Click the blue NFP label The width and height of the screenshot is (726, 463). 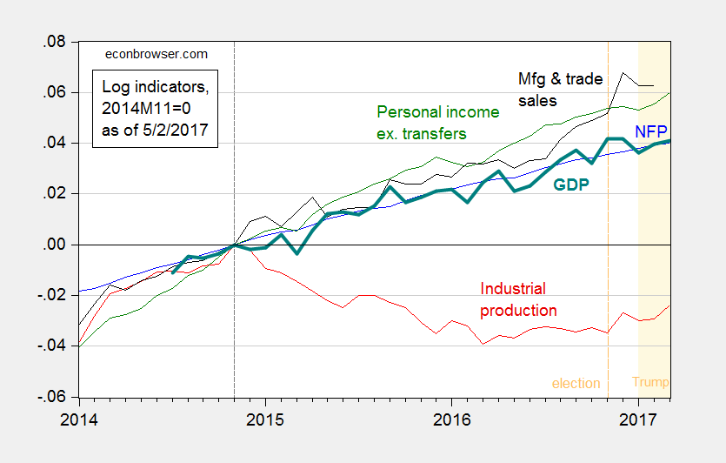(x=650, y=131)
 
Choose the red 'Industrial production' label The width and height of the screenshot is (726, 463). (x=518, y=299)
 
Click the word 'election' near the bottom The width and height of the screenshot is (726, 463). (x=576, y=383)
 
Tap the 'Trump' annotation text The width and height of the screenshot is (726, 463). (x=650, y=383)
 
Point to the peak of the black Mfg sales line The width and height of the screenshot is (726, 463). (x=623, y=73)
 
